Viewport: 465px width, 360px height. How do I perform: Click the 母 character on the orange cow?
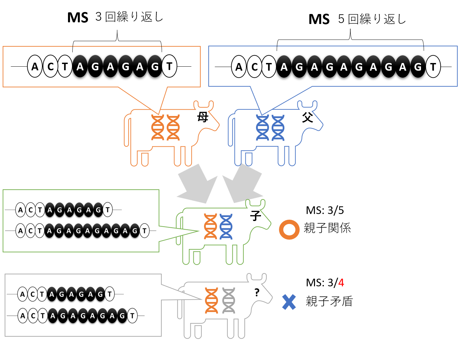point(203,117)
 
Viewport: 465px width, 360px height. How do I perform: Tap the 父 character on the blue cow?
point(307,117)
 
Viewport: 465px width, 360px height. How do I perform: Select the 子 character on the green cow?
point(255,216)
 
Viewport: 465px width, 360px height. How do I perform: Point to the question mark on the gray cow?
point(257,293)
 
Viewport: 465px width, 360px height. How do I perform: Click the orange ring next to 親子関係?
point(289,229)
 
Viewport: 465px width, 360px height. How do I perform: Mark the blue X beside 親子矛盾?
point(289,302)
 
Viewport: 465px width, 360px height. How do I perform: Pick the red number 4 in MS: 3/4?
point(341,283)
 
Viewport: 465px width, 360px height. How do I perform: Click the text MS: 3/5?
point(325,210)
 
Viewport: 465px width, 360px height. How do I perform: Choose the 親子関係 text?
point(327,228)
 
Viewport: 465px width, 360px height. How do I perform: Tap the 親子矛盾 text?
point(329,301)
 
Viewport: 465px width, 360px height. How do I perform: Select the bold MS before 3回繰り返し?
point(78,18)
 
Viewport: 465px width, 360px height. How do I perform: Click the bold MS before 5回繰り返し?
point(319,19)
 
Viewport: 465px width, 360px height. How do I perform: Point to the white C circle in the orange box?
point(50,67)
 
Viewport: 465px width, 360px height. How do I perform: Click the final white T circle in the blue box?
point(433,67)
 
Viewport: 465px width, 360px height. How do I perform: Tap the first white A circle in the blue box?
point(239,67)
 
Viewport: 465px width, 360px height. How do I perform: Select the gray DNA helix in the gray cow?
point(229,301)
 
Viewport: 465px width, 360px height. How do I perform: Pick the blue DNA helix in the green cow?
point(226,227)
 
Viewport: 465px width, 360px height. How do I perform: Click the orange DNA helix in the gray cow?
point(211,301)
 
